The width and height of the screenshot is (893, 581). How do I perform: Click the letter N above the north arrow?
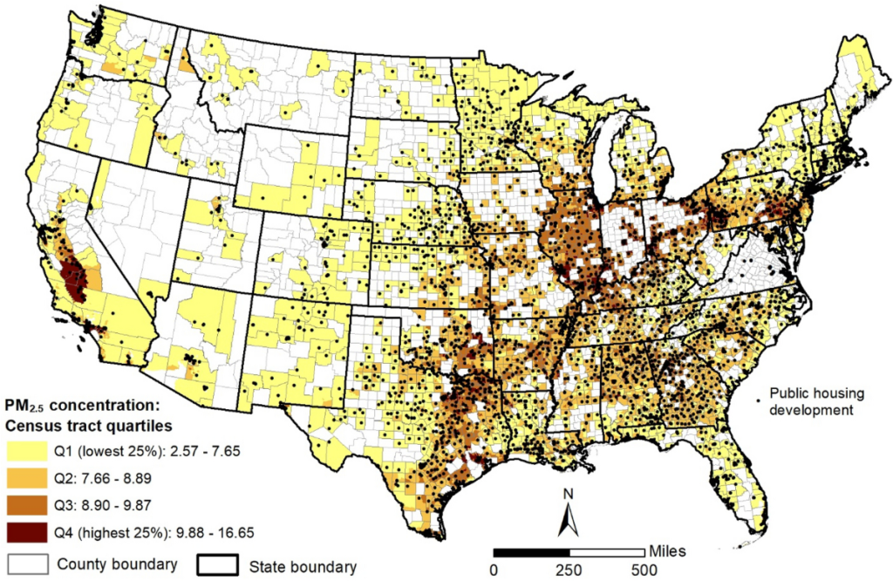[x=568, y=495]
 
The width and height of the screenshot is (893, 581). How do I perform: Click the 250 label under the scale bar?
[x=569, y=570]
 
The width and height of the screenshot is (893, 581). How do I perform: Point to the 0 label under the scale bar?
[x=494, y=570]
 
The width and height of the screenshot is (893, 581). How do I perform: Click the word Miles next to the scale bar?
[x=667, y=550]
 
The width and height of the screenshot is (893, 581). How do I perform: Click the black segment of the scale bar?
[x=531, y=552]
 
